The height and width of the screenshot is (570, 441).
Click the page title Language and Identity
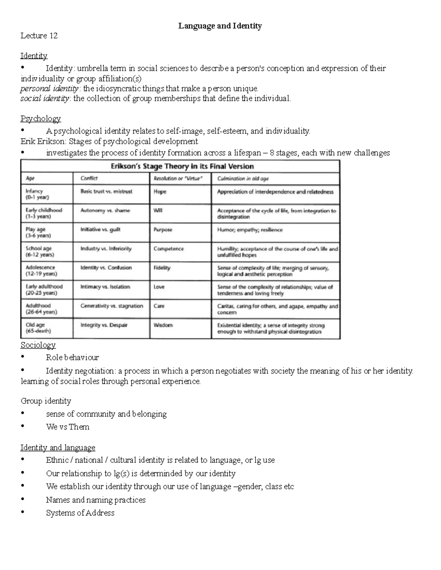(220, 26)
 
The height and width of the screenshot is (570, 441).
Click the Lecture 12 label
(39, 36)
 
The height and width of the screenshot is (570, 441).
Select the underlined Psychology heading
(40, 119)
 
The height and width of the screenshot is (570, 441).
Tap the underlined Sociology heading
(38, 345)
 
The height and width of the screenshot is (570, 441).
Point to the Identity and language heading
(58, 447)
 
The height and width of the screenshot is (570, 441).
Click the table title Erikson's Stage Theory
(182, 166)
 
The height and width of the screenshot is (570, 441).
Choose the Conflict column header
(89, 178)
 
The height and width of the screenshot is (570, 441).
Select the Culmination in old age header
(243, 179)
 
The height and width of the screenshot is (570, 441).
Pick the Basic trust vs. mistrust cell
(106, 191)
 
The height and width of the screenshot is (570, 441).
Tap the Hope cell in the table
(160, 192)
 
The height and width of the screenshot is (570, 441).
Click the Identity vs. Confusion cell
(106, 268)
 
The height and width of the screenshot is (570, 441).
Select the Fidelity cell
(162, 268)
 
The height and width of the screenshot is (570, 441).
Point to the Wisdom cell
(163, 325)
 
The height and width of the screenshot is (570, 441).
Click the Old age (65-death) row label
(38, 328)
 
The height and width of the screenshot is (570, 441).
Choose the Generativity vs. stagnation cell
(112, 306)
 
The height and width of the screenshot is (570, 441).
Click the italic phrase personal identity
(49, 88)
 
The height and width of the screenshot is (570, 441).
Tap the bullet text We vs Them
(68, 427)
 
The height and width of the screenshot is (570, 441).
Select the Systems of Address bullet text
(80, 513)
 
